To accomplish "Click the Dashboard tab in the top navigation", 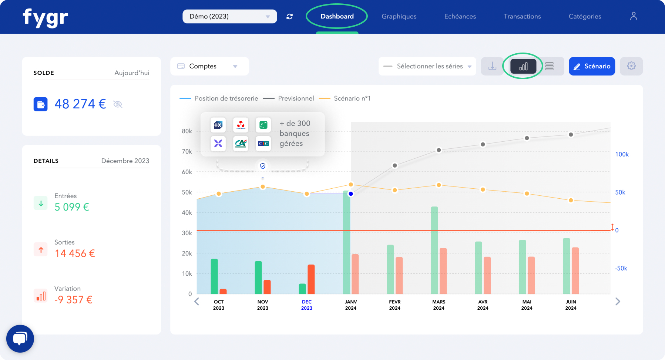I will tap(337, 16).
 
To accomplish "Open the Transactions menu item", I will tap(522, 16).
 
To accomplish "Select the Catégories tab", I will tap(585, 16).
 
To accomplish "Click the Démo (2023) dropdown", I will tap(229, 16).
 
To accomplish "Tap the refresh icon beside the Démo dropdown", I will tap(289, 16).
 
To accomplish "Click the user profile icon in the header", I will tap(634, 16).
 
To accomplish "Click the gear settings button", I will tap(631, 66).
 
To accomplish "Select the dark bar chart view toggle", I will tap(523, 66).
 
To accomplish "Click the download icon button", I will tap(492, 66).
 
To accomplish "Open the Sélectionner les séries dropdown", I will tap(427, 66).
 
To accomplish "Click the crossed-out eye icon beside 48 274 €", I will tap(118, 104).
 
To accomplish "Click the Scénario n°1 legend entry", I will tap(352, 98).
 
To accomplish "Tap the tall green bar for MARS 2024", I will tap(434, 250).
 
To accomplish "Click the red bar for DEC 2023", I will tap(311, 279).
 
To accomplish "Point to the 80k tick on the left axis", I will tap(187, 131).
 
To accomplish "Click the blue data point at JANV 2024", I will tap(351, 194).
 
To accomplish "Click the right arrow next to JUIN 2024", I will tap(617, 302).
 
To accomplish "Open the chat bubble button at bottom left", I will tap(20, 338).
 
